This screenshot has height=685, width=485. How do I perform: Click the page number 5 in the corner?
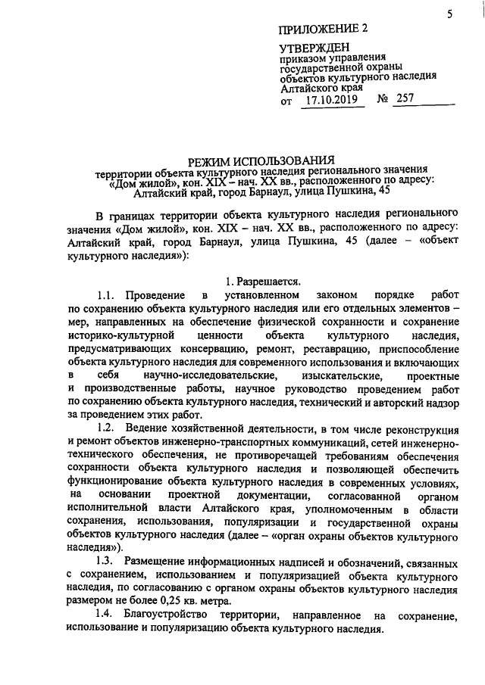(449, 13)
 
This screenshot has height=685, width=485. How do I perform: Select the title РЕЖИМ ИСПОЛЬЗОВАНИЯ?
(261, 160)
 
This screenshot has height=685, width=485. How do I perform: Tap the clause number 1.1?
(108, 294)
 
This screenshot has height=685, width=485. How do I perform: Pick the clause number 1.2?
(108, 428)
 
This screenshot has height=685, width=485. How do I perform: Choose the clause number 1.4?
(108, 616)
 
